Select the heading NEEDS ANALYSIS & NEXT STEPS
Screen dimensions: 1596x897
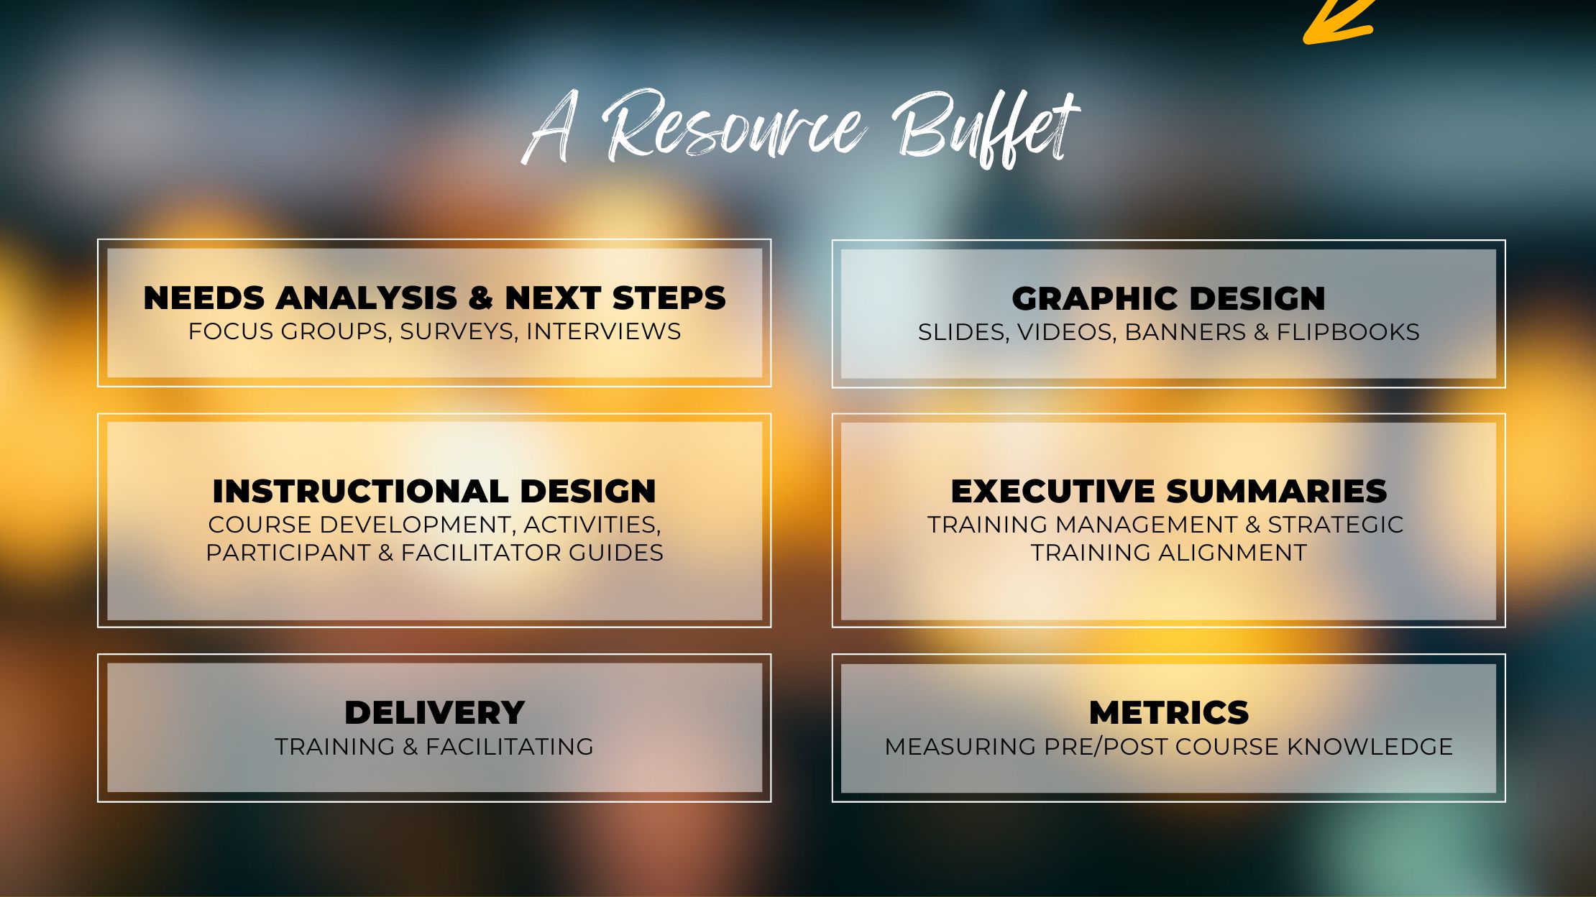coord(435,298)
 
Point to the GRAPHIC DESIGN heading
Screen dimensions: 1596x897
coord(1168,298)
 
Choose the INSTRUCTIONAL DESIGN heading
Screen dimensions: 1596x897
coord(434,491)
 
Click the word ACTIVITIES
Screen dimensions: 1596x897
coord(592,525)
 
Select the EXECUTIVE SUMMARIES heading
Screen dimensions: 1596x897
coord(1168,491)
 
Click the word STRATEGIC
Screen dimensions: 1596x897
coord(1335,525)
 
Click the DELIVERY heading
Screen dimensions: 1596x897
coord(435,712)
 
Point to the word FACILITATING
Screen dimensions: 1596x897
coord(509,747)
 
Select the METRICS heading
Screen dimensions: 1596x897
coord(1169,712)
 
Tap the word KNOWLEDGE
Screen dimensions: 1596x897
coord(1370,747)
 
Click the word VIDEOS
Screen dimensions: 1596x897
coord(1067,332)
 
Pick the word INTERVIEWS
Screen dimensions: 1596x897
coord(603,331)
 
